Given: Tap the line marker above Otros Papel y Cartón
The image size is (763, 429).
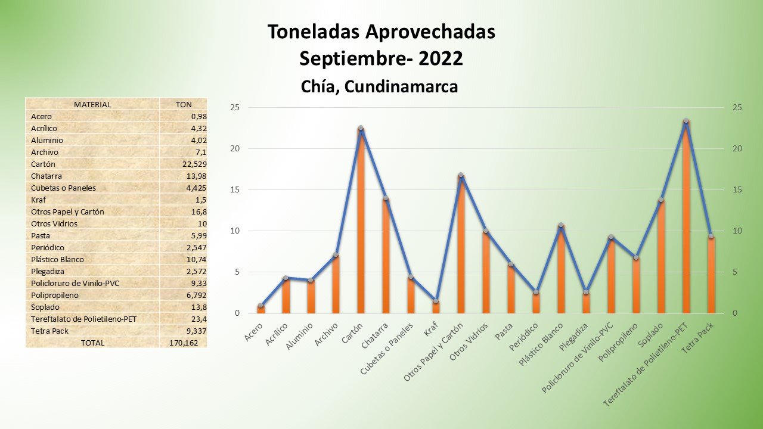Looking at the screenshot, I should coord(461,176).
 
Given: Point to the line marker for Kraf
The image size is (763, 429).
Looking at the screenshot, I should coord(436,301).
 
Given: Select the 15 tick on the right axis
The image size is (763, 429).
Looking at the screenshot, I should coord(737,189).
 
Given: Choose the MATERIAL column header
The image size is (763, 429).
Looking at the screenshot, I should coord(92,104).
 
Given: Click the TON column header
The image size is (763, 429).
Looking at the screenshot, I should coord(184,104).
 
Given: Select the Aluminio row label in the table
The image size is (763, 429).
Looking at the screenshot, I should coord(47,140).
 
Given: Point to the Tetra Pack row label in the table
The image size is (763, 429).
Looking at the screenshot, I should coord(49,331).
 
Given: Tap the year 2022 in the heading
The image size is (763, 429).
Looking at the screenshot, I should coord(441,58).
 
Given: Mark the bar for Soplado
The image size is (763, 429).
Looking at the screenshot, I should coord(661,256).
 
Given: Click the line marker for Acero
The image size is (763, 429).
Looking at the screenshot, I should coord(261,306).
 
